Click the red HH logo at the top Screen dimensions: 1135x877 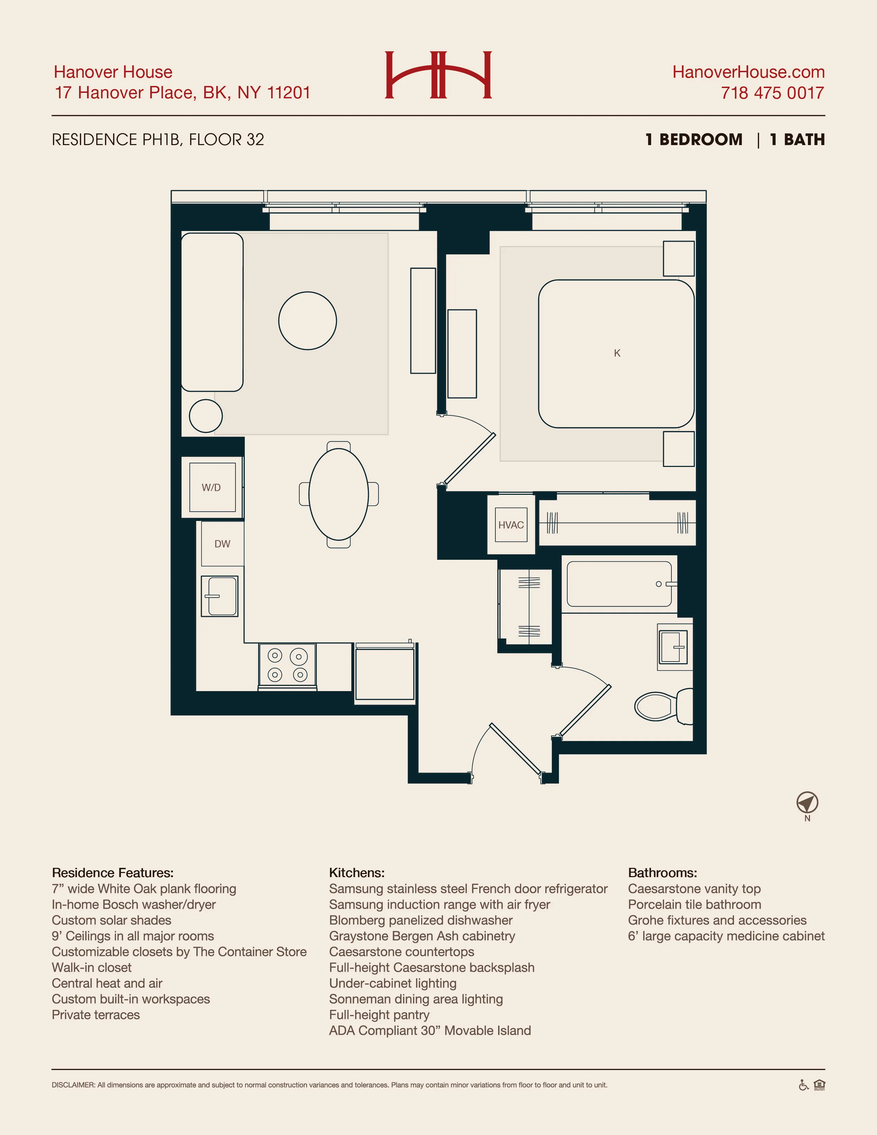pyautogui.click(x=438, y=75)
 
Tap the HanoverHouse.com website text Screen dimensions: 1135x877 pyautogui.click(x=748, y=72)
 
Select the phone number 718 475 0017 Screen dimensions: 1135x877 pyautogui.click(x=772, y=93)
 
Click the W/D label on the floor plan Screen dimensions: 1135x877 pyautogui.click(x=211, y=488)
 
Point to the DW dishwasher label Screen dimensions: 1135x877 pyautogui.click(x=222, y=544)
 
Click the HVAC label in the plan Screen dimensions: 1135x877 pyautogui.click(x=511, y=525)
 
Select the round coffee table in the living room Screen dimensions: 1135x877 pyautogui.click(x=308, y=321)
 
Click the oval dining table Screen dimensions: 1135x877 pyautogui.click(x=339, y=494)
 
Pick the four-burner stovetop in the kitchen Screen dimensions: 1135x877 pyautogui.click(x=287, y=666)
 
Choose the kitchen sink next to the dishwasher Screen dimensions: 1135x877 pyautogui.click(x=220, y=596)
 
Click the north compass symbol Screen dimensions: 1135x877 pyautogui.click(x=807, y=803)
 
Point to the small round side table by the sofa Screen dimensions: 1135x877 pyautogui.click(x=206, y=416)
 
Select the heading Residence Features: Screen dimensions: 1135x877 pyautogui.click(x=113, y=873)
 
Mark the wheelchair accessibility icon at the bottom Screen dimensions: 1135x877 pyautogui.click(x=803, y=1085)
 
